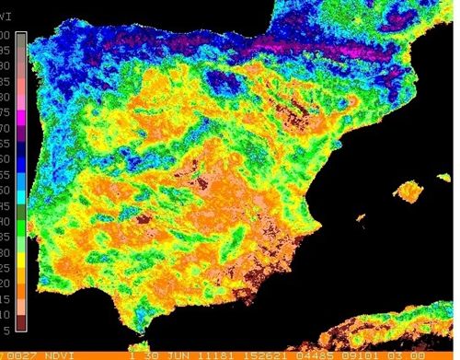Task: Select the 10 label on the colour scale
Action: pyautogui.click(x=6, y=315)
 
